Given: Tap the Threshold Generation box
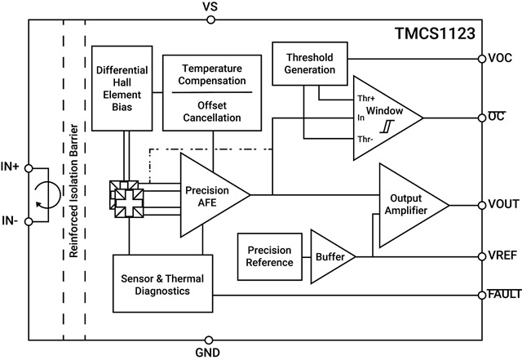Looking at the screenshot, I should pyautogui.click(x=310, y=64).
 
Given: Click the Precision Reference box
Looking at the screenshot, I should pyautogui.click(x=269, y=256).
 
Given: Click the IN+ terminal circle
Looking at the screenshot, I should pyautogui.click(x=29, y=168).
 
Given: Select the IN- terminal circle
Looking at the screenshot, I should pyautogui.click(x=29, y=220).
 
